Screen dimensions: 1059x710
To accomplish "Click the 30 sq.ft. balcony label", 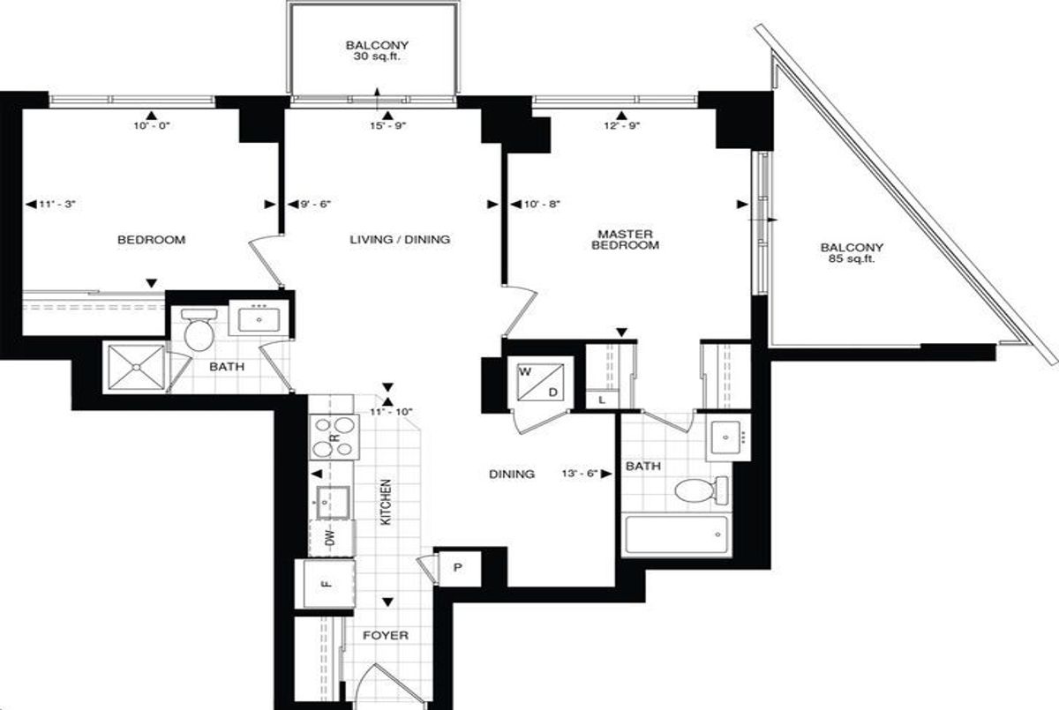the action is coord(377,51).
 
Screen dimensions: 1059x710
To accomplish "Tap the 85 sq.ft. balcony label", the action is coord(852,253).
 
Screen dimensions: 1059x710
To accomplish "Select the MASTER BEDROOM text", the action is coord(625,240).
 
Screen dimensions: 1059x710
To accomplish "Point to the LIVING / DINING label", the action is coord(400,240).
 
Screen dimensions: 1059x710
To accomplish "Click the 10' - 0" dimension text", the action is coord(151,125).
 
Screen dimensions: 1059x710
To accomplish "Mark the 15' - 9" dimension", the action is coord(388,125).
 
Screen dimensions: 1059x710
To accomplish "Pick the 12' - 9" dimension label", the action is coord(621,125).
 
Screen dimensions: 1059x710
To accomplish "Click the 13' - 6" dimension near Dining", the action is coord(580,474).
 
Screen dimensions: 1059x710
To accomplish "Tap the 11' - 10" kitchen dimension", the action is coord(391,412).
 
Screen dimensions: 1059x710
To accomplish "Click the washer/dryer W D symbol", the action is coord(540,382).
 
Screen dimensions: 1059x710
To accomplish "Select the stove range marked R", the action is coord(334,437).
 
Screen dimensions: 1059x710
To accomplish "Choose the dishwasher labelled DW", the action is coord(332,538).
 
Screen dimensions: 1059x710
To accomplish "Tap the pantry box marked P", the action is coord(458,568).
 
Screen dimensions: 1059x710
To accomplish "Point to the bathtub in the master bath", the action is coord(676,534).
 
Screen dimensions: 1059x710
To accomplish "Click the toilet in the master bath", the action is coord(701,490).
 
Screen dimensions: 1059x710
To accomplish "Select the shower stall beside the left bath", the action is coord(136,367).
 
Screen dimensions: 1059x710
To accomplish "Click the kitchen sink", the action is coord(334,502).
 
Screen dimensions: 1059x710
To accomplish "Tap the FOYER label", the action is coord(386,635).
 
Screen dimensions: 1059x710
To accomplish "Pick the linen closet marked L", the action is coord(602,400).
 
